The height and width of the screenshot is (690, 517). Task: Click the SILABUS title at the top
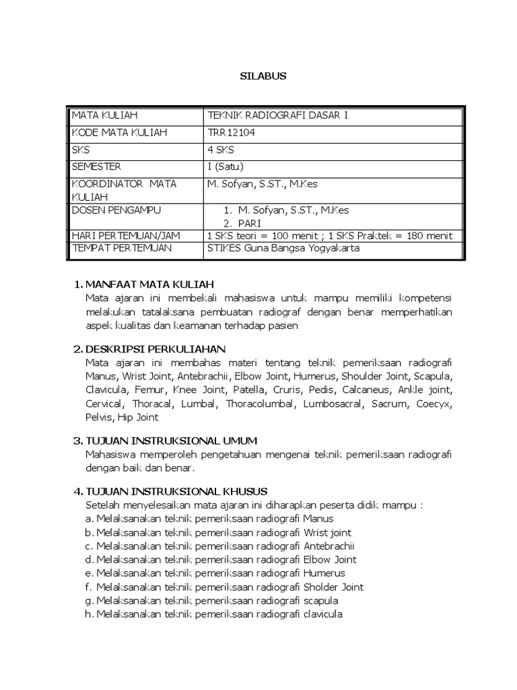(x=263, y=76)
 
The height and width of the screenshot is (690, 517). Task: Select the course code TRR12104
(x=232, y=133)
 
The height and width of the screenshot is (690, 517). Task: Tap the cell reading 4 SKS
(x=221, y=150)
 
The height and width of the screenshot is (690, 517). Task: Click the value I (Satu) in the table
(x=226, y=167)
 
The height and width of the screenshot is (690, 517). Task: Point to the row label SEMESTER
(x=98, y=167)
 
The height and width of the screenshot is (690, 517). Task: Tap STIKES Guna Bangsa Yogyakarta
(x=283, y=248)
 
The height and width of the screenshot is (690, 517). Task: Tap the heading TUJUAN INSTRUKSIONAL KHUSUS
(x=177, y=491)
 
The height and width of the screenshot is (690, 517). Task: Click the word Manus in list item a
(x=318, y=519)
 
